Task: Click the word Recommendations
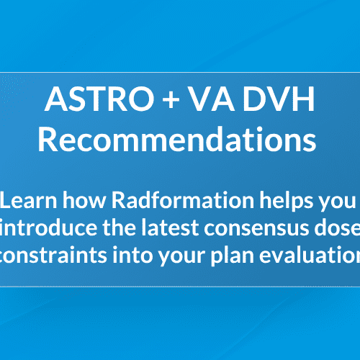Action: [178, 139]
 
